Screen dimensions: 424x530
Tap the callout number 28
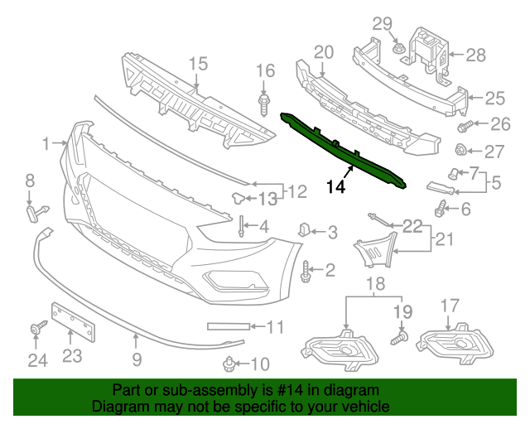475,55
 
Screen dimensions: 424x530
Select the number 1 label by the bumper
46,144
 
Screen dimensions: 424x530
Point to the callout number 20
323,53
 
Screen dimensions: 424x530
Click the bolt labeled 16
265,106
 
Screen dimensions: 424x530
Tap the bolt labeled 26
465,127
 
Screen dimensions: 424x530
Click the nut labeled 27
464,151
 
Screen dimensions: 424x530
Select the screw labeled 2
308,270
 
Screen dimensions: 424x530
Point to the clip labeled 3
303,229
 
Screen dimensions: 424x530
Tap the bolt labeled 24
37,330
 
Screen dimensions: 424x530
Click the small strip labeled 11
226,326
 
